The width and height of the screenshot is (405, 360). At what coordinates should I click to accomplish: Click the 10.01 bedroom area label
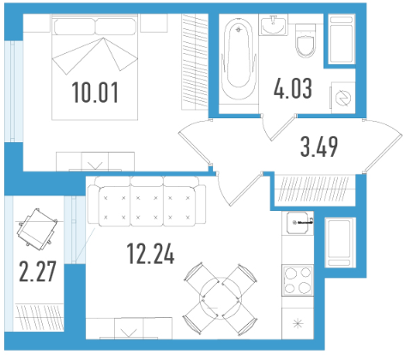94,92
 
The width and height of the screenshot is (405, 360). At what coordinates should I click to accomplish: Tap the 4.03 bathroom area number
293,88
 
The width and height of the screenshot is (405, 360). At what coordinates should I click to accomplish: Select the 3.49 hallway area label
319,147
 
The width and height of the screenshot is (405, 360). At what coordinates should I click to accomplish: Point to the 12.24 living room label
150,253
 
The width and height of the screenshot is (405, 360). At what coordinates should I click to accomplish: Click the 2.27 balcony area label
37,271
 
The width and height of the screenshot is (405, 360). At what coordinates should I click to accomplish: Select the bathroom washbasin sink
274,25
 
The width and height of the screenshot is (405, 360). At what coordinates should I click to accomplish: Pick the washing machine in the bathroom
343,98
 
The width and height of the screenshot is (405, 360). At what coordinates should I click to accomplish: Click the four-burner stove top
298,280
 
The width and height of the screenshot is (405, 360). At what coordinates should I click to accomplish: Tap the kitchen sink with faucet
298,223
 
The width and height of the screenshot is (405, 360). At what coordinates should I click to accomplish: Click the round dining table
221,299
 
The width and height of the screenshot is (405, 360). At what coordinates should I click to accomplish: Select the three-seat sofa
147,201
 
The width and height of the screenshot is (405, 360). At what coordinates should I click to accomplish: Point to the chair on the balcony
38,227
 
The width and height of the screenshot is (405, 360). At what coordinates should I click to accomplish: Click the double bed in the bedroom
94,67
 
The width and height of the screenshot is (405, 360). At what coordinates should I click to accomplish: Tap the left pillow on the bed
75,27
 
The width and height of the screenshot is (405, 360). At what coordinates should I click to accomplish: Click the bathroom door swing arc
267,129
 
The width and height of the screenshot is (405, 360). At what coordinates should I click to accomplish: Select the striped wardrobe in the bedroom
195,62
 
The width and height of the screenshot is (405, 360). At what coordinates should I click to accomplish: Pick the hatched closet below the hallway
314,189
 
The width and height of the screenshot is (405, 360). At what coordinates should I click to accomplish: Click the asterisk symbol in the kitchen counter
298,323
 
